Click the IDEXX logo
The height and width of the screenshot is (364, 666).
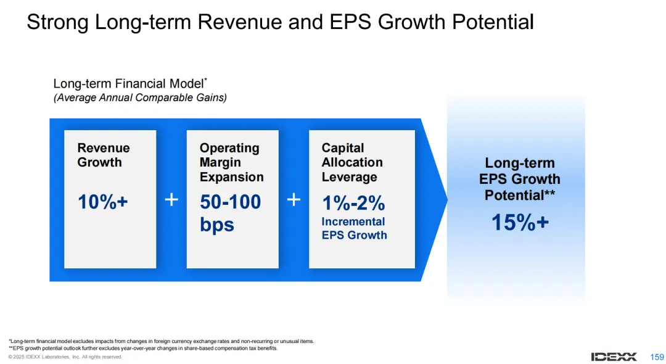[x=614, y=357]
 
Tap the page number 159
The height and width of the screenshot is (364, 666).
[x=657, y=357]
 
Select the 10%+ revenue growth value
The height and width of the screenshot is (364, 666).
[x=103, y=202]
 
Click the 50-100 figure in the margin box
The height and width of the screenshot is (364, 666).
[x=230, y=202]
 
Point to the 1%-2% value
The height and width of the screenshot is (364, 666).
[x=353, y=203]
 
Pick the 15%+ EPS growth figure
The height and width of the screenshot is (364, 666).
[x=520, y=222]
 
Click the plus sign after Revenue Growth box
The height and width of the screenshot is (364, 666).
[x=171, y=200]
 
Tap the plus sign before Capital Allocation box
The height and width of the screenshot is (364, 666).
[x=294, y=200]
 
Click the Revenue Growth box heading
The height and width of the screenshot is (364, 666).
[x=104, y=155]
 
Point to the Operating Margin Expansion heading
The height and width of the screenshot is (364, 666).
[x=231, y=162]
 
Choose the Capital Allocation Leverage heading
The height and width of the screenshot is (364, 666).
[x=352, y=162]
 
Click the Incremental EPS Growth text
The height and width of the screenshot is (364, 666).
[x=354, y=228]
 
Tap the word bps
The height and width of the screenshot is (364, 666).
[x=217, y=225]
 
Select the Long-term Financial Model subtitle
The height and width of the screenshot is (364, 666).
[x=130, y=83]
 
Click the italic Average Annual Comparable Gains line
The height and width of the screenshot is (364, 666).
[x=140, y=97]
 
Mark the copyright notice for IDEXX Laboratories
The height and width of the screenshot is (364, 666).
[x=65, y=357]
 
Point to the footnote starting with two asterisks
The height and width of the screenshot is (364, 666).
[x=143, y=349]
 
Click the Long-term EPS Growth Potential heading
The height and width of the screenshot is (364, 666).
[x=520, y=179]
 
